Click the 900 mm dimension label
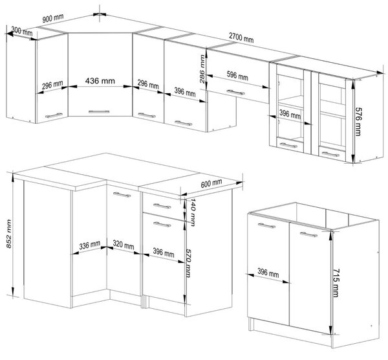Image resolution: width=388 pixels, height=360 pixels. [x=53, y=18]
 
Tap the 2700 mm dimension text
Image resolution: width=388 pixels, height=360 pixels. [x=241, y=38]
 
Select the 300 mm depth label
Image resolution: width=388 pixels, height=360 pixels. [x=22, y=32]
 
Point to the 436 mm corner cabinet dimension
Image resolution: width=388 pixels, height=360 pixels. [x=100, y=81]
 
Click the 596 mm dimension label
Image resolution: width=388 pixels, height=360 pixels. [x=237, y=76]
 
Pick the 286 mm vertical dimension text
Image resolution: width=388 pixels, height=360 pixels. [x=202, y=69]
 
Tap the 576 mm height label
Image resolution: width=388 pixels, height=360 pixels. [x=358, y=122]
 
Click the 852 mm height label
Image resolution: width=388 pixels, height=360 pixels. [x=8, y=234]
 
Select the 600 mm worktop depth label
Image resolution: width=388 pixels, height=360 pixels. [x=211, y=183]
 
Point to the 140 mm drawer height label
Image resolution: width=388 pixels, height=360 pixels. [x=192, y=212]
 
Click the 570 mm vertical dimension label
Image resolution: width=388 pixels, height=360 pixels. [x=188, y=263]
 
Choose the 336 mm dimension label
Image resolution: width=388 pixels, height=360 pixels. [x=90, y=245]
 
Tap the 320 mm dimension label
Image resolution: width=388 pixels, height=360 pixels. [x=124, y=245]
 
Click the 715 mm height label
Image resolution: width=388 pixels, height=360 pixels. [x=336, y=283]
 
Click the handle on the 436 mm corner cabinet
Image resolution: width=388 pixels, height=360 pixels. [x=99, y=112]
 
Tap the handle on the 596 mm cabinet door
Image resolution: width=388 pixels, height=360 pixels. [x=235, y=93]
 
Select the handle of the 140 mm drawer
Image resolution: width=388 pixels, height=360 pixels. [x=162, y=206]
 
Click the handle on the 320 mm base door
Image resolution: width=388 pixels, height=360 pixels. [x=122, y=194]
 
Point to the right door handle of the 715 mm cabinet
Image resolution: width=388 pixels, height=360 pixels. [x=308, y=234]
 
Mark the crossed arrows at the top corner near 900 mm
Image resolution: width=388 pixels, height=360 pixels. [x=100, y=14]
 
